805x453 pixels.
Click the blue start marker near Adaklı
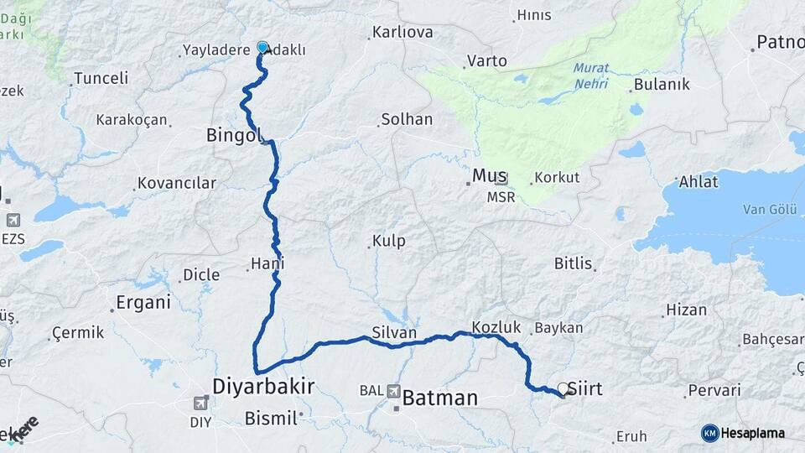point(262,48)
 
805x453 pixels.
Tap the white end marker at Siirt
point(563,389)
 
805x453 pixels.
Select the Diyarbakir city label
point(263,387)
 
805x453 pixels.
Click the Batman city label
point(440,398)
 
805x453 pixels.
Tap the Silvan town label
point(394,333)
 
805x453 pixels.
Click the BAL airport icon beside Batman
point(393,390)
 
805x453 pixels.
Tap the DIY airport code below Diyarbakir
point(200,422)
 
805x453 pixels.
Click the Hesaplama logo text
point(752,433)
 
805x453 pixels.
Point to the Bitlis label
point(574,263)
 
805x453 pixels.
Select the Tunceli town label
point(101,78)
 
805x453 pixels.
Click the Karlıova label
point(402,33)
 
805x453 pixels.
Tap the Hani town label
point(267,263)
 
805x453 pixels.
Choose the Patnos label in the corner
point(780,42)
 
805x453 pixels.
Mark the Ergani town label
point(143,302)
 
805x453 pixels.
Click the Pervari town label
point(714,390)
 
